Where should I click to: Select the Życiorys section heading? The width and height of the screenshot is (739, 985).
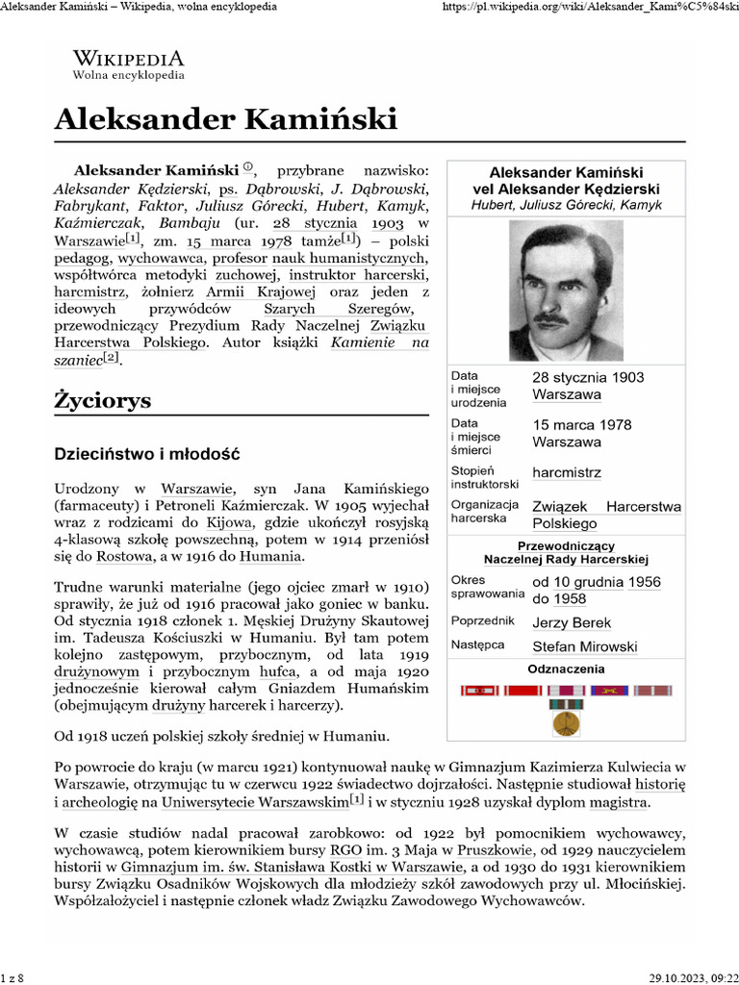tap(103, 400)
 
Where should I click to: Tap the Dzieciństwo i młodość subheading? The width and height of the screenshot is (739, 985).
tap(146, 453)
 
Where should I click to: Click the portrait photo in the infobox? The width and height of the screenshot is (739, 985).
tap(566, 290)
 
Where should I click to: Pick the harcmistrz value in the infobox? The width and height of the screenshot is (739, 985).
tap(567, 473)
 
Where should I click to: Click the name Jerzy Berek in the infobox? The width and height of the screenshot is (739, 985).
tap(572, 622)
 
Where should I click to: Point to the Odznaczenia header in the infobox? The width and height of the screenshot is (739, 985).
tap(566, 668)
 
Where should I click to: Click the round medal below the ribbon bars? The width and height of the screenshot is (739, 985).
tap(566, 722)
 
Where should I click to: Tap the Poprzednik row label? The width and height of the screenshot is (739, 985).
tap(484, 621)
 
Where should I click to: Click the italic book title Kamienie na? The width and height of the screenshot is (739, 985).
tap(380, 341)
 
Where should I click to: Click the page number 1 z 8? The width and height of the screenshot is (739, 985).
tap(13, 977)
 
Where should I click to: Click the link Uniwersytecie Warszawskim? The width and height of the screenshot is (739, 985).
tap(254, 802)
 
